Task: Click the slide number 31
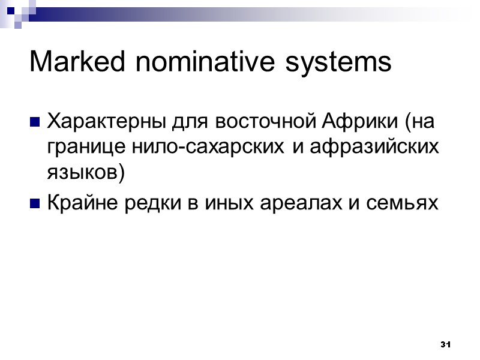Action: coord(445,344)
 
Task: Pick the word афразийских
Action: coord(371,148)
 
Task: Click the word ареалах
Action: coord(290,205)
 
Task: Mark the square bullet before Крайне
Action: coord(34,205)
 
